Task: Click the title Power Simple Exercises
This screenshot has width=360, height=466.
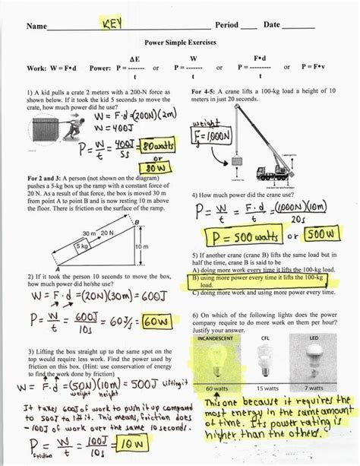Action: (x=180, y=43)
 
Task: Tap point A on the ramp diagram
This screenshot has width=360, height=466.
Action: (x=58, y=268)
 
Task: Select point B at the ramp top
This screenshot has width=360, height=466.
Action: (x=137, y=222)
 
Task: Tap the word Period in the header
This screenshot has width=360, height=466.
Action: (x=227, y=26)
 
